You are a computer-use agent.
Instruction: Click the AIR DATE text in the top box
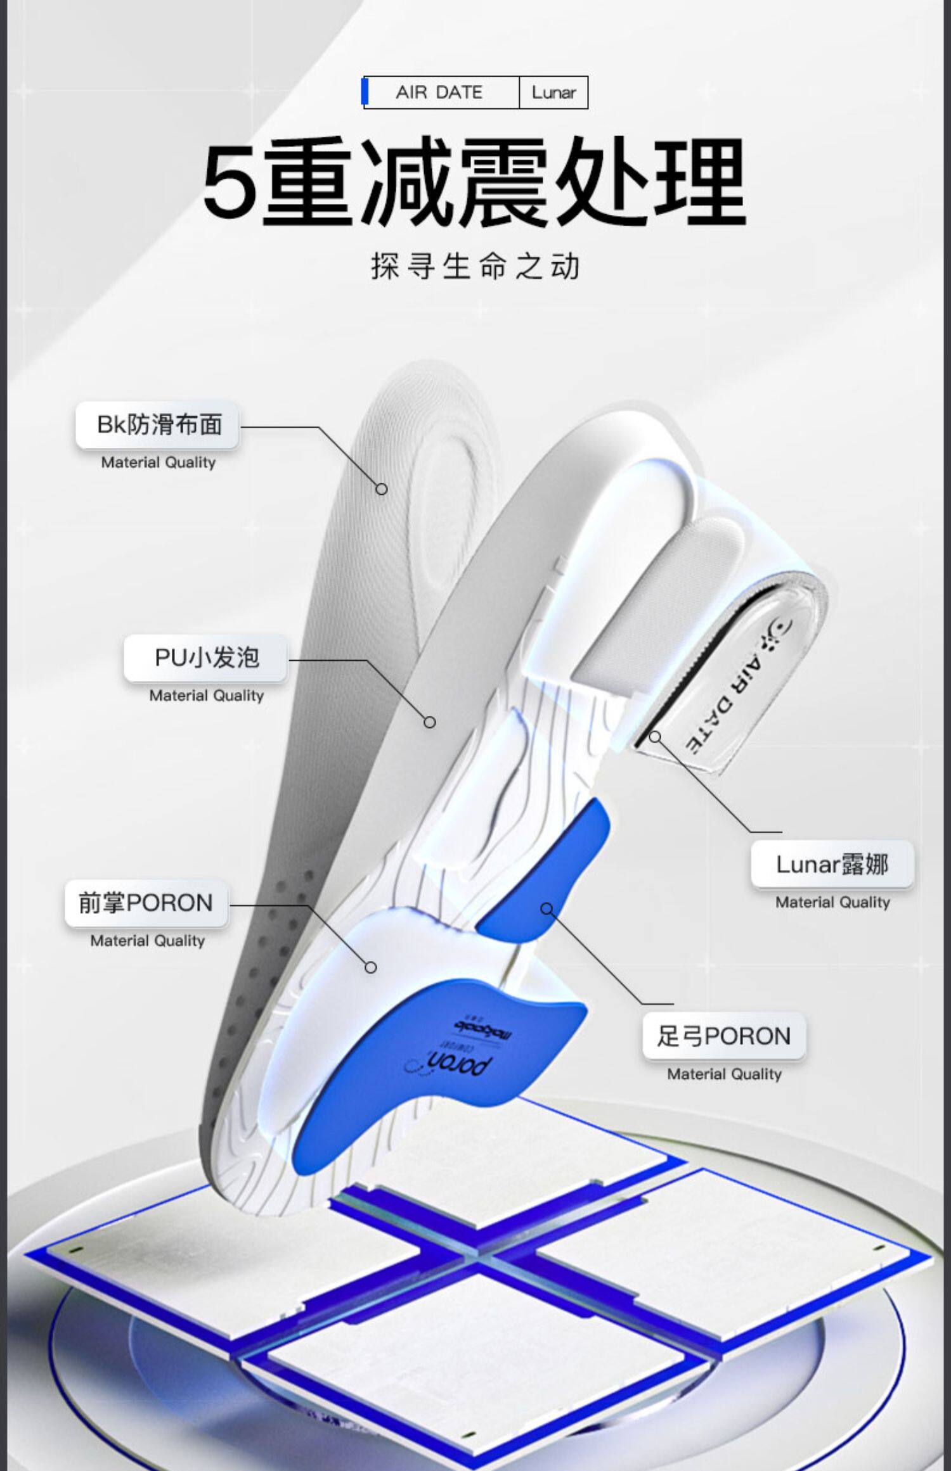[439, 92]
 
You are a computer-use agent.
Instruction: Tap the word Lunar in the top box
[553, 92]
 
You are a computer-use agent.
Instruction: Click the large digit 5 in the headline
[230, 182]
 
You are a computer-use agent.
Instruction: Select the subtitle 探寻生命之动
[475, 266]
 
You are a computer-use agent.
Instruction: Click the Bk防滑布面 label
[158, 425]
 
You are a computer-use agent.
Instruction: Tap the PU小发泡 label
[207, 658]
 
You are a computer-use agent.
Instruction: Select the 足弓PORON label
[723, 1036]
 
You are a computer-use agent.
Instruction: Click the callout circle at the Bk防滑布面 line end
[381, 489]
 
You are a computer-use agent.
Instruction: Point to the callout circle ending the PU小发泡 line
[430, 722]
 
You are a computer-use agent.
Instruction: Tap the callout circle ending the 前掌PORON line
[371, 967]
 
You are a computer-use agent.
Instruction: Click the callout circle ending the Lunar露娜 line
[655, 737]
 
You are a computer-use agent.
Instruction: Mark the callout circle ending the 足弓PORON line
[547, 909]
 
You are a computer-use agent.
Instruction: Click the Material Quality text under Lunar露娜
[832, 902]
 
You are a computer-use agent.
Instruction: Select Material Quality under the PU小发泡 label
[207, 696]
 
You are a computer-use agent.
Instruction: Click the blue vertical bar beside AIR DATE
[365, 92]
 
